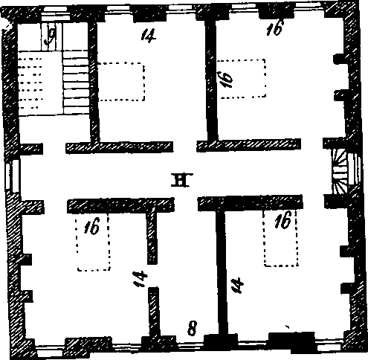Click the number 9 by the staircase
[x=51, y=36]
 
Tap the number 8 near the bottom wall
[x=193, y=328]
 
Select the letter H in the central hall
[x=182, y=179]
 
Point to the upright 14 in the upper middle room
[x=149, y=36]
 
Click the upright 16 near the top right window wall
[x=275, y=28]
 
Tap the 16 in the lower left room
[x=91, y=225]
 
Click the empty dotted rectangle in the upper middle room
[x=121, y=82]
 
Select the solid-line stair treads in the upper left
[x=76, y=82]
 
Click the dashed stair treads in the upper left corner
[x=30, y=83]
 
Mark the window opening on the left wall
[x=13, y=176]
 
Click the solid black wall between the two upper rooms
[x=211, y=80]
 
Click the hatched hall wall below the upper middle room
[x=120, y=147]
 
